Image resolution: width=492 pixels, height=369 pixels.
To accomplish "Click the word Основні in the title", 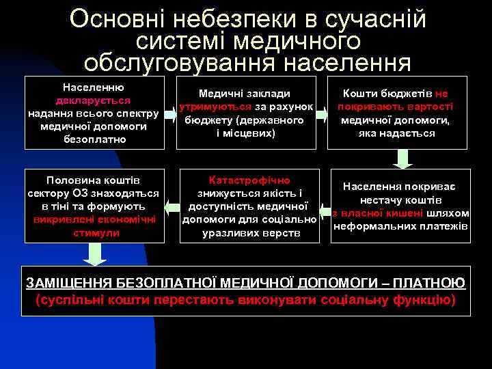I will tap(119, 18).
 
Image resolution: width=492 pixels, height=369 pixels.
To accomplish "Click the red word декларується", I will tap(93, 100).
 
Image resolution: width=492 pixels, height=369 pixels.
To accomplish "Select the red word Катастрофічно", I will tap(249, 180).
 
